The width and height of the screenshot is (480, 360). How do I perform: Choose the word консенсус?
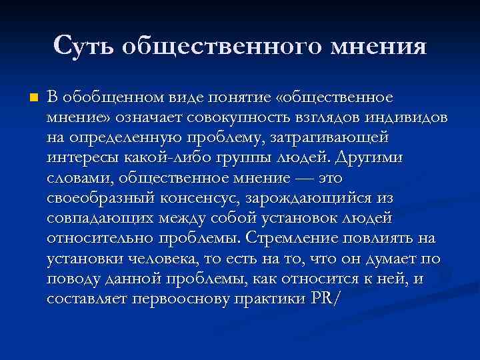tap(201, 198)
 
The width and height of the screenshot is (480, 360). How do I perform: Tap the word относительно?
tap(93, 238)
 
